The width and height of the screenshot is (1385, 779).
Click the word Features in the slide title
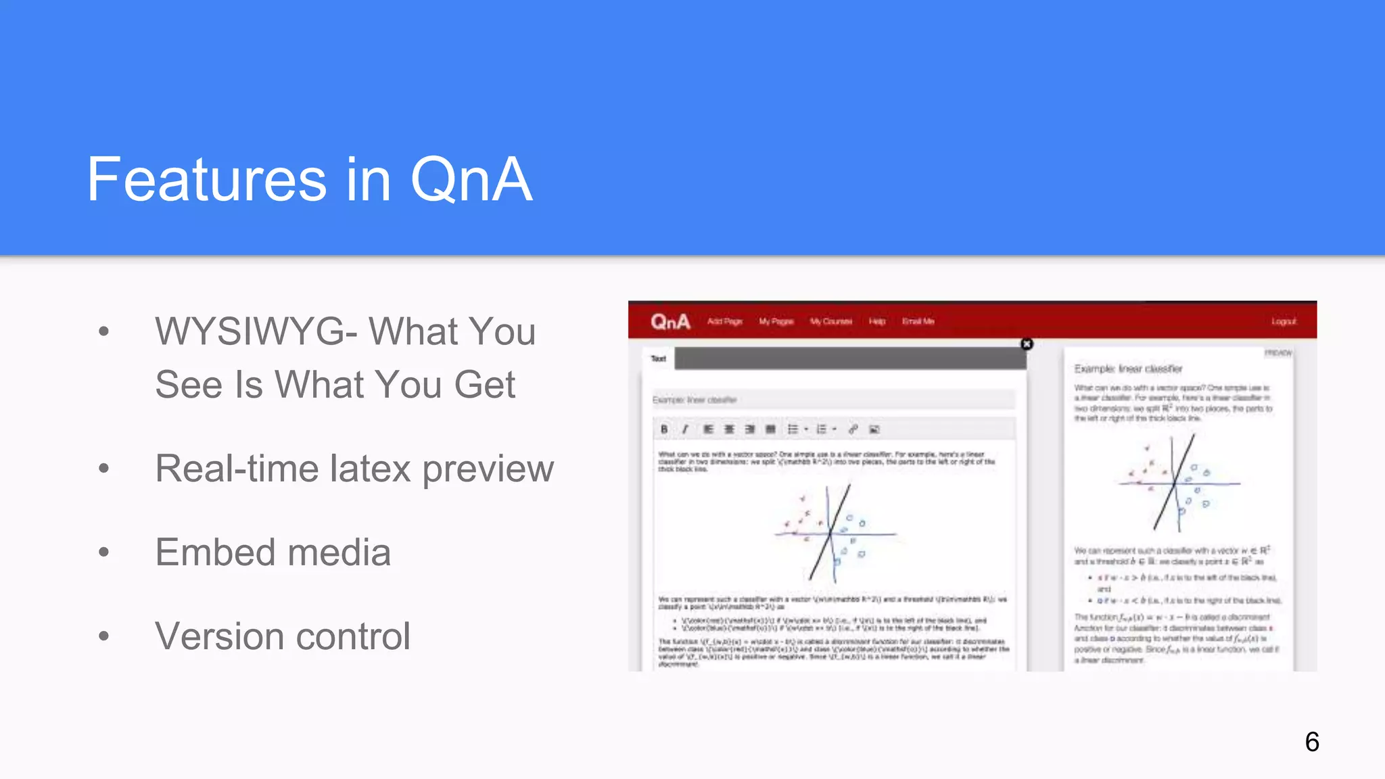(207, 180)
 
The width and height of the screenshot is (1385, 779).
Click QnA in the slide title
(471, 180)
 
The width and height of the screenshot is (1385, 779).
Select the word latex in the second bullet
(370, 469)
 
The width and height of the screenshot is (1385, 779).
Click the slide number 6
(1312, 742)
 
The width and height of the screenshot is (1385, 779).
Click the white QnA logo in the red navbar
(670, 322)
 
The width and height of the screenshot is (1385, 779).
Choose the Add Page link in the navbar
(724, 322)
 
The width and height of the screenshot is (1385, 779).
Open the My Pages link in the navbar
(776, 322)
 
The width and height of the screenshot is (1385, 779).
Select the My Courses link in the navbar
(831, 322)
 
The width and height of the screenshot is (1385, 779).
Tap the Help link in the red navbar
(877, 322)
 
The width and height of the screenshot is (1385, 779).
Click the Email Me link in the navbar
(918, 322)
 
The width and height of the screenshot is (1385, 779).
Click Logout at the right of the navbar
(1283, 322)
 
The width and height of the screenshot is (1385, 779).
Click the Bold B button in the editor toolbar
(664, 429)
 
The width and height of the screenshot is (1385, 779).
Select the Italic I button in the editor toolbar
(685, 429)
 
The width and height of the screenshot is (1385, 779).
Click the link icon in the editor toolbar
(853, 429)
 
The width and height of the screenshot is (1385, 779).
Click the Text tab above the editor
(658, 359)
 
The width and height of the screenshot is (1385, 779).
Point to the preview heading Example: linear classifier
(1128, 369)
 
